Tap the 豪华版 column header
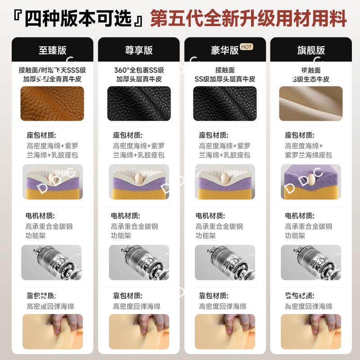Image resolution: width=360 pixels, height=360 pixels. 225,50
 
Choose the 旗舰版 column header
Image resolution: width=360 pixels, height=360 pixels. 310,50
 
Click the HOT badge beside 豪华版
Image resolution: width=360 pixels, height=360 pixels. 246,46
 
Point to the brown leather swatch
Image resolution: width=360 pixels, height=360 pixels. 52,103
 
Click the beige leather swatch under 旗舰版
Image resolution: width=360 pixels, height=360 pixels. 310,103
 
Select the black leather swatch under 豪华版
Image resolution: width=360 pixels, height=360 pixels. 225,103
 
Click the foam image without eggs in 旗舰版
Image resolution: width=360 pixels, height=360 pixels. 310,181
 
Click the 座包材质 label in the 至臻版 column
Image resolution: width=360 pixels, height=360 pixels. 42,135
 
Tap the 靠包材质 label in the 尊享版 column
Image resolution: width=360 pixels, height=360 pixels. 128,295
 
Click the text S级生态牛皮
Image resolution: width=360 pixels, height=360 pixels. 310,79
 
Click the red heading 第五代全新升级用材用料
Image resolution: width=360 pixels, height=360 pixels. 248,19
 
